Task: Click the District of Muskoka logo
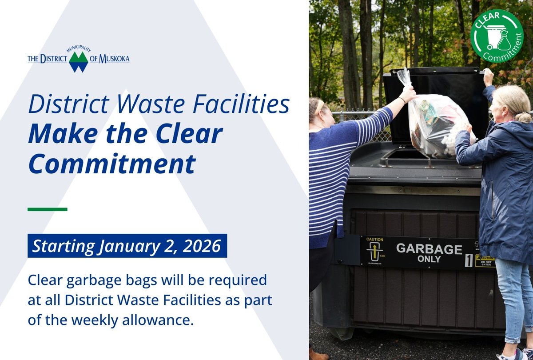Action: (x=79, y=59)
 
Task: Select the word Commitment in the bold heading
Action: (x=111, y=164)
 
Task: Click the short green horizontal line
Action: (x=47, y=209)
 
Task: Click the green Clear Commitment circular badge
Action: (x=497, y=36)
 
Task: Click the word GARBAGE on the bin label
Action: (x=423, y=248)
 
